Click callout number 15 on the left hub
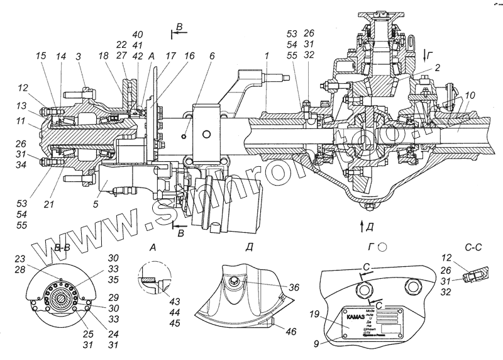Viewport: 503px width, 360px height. [x=41, y=56]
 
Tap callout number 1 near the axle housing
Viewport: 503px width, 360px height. [x=267, y=56]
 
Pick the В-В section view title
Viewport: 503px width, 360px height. [x=51, y=249]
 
